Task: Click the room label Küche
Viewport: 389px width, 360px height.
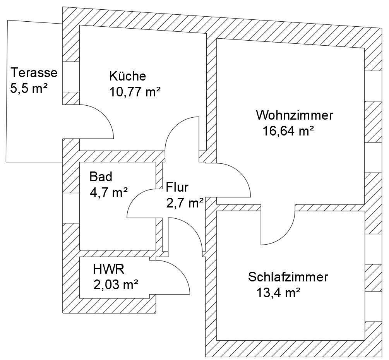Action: point(127,75)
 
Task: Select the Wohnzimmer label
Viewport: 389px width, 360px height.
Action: point(294,115)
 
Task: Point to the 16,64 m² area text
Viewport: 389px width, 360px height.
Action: point(288,131)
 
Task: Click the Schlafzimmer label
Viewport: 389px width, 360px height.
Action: point(288,277)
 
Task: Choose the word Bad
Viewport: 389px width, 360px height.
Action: point(101,177)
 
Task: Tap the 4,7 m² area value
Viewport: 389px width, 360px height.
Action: point(109,192)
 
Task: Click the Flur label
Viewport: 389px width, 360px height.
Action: point(177,187)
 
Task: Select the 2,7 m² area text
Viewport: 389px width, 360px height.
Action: point(185,203)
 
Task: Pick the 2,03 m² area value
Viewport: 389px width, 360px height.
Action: point(116,285)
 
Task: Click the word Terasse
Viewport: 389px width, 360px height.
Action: point(34,72)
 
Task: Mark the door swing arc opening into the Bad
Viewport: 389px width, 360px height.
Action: point(134,197)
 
